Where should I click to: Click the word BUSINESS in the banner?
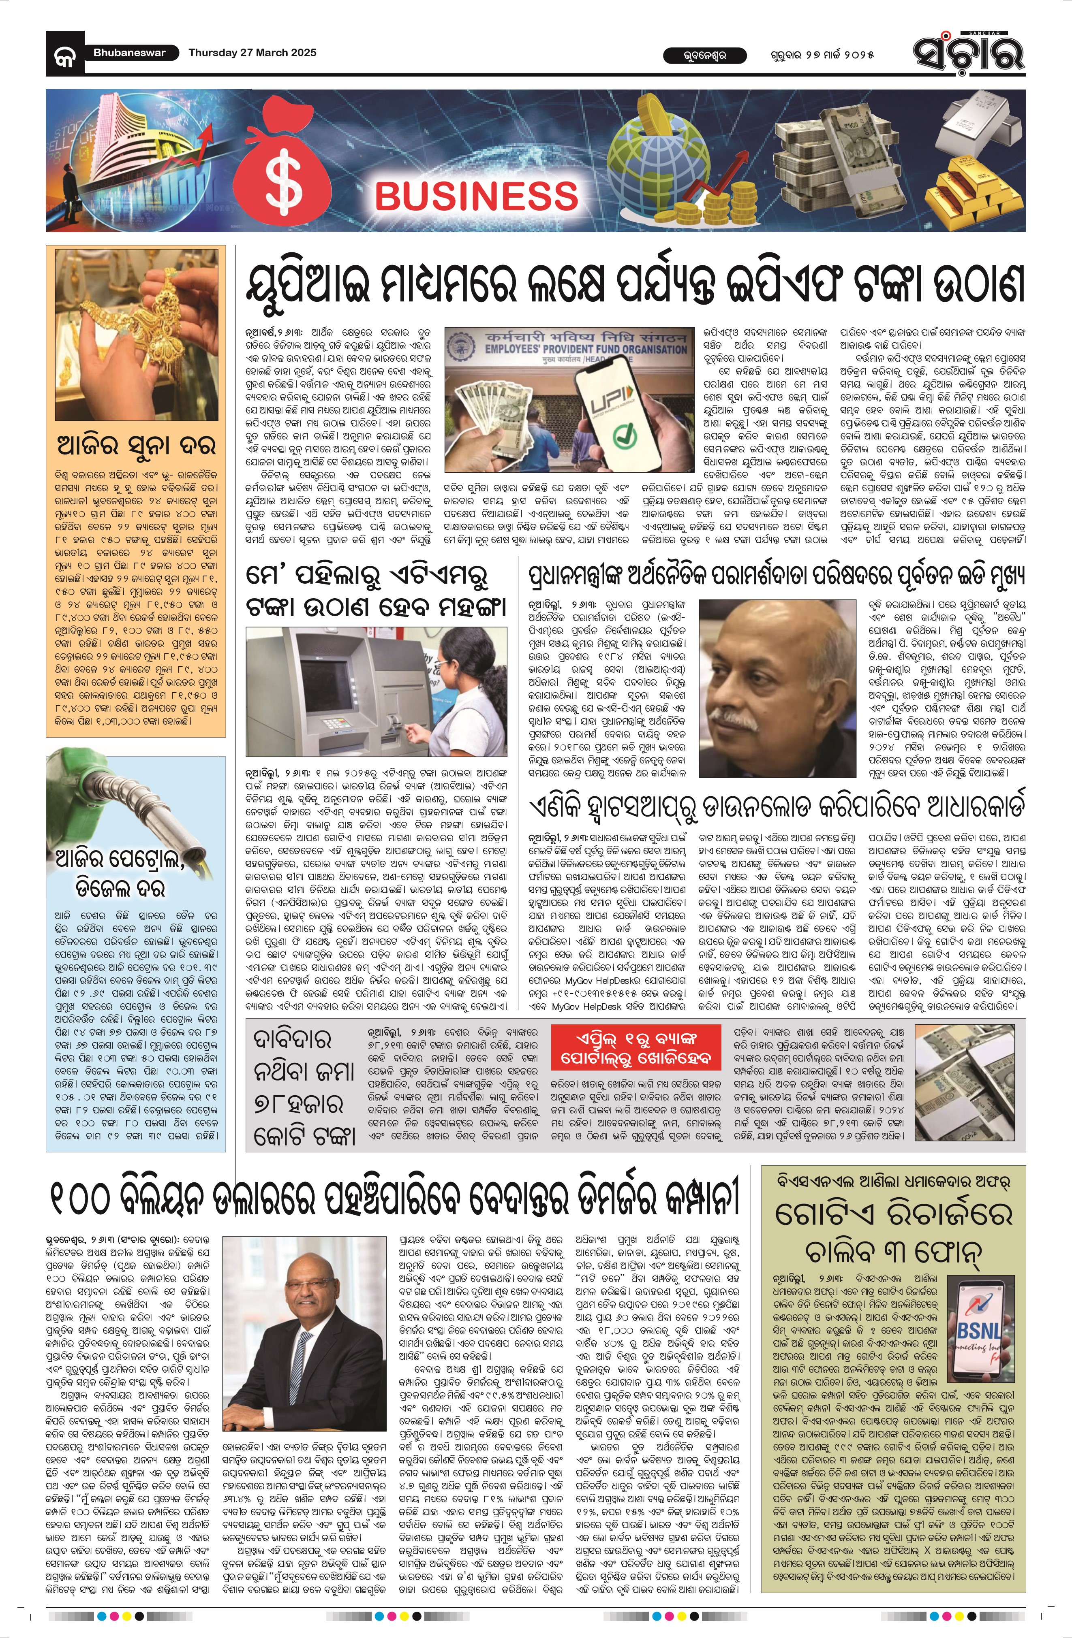click(x=477, y=196)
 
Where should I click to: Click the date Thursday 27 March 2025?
click(x=252, y=52)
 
